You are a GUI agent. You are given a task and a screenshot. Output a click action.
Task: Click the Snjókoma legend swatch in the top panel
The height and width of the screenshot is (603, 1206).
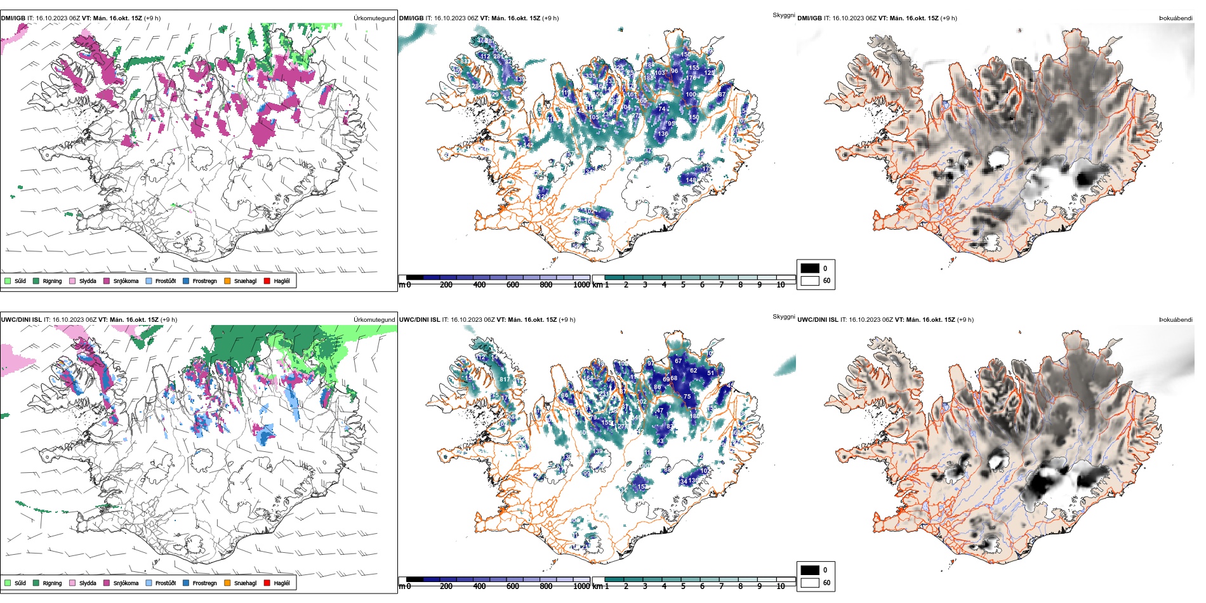[107, 281]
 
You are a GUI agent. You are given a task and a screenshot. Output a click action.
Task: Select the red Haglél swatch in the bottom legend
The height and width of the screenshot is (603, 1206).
[267, 583]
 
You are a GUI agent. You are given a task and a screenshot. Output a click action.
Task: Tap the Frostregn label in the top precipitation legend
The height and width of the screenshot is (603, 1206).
[204, 281]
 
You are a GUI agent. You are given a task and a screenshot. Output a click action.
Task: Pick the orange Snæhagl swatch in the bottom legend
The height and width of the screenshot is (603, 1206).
[227, 583]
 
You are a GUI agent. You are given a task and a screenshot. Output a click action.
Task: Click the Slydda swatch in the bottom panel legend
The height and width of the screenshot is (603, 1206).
[72, 583]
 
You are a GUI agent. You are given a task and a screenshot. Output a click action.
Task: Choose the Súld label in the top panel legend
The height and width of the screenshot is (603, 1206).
[20, 281]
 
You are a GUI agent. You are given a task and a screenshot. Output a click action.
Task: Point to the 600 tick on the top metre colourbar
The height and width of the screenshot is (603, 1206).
[513, 285]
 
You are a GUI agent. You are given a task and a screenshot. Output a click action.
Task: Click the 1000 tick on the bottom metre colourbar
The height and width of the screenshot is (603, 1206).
[581, 586]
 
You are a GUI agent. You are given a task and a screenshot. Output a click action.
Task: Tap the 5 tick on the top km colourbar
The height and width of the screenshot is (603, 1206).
[683, 285]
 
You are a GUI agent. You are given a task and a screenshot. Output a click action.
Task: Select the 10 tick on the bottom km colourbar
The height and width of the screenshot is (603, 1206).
[780, 586]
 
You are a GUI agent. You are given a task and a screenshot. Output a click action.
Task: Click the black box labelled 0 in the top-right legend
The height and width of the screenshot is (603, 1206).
[810, 268]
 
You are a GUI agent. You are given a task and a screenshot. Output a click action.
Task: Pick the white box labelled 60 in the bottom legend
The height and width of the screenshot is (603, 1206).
[810, 582]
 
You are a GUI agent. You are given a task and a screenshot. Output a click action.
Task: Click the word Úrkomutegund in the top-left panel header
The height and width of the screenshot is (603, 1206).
[374, 18]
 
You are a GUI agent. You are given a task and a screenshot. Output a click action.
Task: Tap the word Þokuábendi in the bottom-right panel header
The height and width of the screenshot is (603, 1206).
[1176, 320]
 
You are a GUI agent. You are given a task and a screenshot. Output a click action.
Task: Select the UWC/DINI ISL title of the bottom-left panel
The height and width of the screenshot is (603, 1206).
[21, 320]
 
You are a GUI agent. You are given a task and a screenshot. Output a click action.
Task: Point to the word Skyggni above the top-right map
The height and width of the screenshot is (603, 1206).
[783, 15]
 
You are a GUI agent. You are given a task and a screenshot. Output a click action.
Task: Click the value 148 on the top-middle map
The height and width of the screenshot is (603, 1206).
[691, 180]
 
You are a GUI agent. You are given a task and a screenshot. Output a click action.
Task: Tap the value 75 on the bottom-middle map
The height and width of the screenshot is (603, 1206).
[687, 396]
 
